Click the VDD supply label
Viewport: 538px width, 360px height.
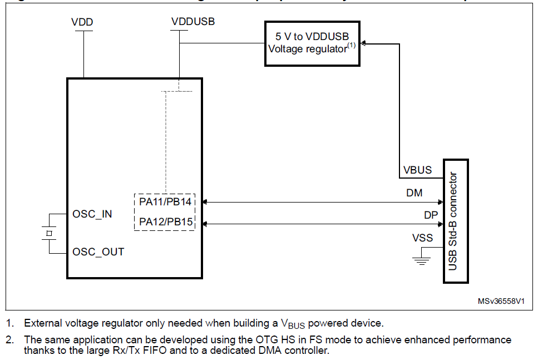[x=82, y=23]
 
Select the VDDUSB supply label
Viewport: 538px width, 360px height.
[x=193, y=22]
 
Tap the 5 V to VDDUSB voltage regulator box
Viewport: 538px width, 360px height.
[x=312, y=43]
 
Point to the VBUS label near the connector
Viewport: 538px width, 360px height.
[x=417, y=170]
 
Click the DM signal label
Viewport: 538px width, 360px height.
[x=414, y=193]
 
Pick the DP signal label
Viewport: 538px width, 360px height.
[x=431, y=215]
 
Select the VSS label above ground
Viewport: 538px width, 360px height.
[x=422, y=238]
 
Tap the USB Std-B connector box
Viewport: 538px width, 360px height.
[x=456, y=220]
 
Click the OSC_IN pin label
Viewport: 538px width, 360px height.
[x=92, y=214]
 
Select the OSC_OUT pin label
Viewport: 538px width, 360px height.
[x=98, y=252]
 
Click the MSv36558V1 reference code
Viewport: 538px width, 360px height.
[x=501, y=301]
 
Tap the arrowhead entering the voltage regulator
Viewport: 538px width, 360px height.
[x=364, y=43]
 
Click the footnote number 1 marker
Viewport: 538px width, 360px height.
[x=9, y=323]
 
